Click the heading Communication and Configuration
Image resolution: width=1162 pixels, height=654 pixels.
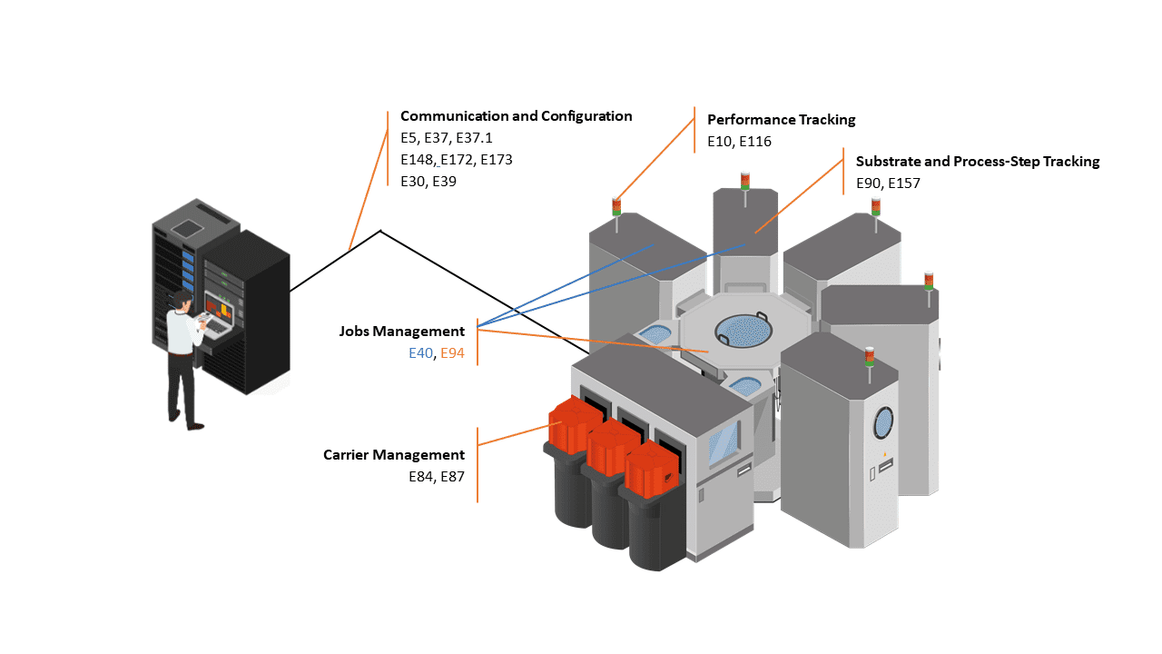(x=516, y=116)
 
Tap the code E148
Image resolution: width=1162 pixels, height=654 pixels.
(x=417, y=160)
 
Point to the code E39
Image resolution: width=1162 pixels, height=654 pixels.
(x=444, y=182)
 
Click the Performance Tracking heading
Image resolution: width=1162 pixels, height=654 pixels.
(x=781, y=120)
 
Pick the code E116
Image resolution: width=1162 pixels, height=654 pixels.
(x=757, y=142)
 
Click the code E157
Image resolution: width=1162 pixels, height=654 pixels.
(x=904, y=183)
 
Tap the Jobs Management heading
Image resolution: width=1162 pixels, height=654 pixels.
(x=401, y=332)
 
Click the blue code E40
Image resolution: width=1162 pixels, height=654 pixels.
(x=420, y=353)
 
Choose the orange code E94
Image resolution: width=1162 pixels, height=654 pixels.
(x=452, y=353)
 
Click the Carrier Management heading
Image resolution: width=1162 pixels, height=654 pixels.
(x=393, y=455)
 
